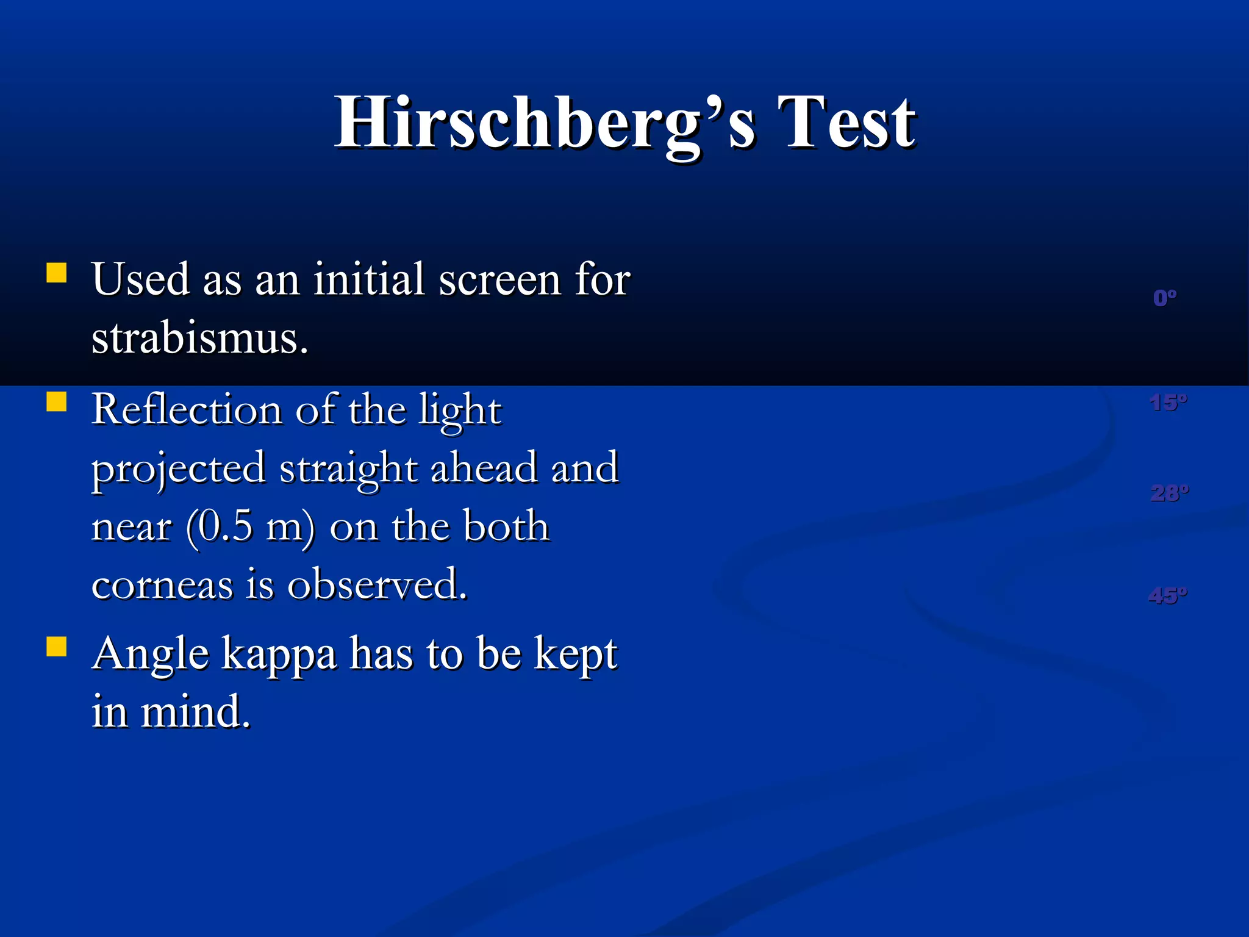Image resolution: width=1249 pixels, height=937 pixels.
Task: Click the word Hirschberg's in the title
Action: tap(546, 123)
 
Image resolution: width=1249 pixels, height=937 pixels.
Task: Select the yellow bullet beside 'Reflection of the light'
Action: tap(57, 402)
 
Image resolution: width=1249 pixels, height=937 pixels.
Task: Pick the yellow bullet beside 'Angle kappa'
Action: tap(57, 647)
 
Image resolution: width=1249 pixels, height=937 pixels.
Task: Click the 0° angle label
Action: tap(1165, 298)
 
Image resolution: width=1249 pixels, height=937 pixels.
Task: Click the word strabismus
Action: tap(199, 338)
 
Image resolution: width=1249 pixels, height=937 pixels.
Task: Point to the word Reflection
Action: tap(187, 409)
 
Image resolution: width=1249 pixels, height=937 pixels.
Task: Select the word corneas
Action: tap(162, 584)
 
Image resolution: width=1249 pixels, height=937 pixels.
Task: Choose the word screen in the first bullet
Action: tap(500, 280)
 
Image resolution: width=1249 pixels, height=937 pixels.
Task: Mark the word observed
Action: tap(377, 584)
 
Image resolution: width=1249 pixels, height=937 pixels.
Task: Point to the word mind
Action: tap(195, 712)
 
